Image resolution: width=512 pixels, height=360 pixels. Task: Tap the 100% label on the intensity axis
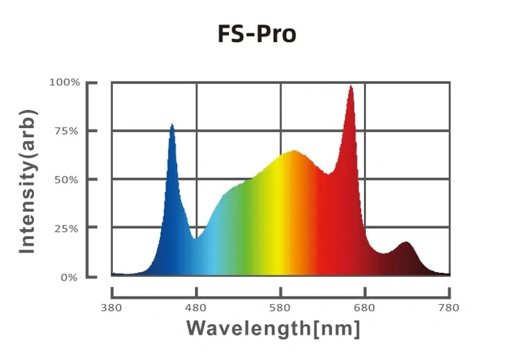64,82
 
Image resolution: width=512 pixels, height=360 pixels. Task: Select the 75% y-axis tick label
67,131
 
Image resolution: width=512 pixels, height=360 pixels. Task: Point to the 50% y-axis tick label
67,179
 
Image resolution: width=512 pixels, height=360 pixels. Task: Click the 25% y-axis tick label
67,228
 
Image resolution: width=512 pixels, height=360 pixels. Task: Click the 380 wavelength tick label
112,307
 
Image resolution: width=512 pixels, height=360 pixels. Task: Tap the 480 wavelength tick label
196,307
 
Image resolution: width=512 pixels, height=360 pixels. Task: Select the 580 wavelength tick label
281,307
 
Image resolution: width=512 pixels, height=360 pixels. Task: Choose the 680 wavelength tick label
365,307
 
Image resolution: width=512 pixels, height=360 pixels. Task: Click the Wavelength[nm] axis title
273,327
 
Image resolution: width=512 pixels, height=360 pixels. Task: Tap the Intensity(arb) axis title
28,180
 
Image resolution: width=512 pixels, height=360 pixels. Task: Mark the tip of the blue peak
172,125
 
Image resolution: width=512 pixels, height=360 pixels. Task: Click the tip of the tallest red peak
351,86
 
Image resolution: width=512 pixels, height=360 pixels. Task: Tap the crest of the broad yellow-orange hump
294,150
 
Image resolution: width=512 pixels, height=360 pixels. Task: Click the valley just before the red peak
330,173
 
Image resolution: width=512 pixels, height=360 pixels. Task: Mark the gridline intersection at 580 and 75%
281,131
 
